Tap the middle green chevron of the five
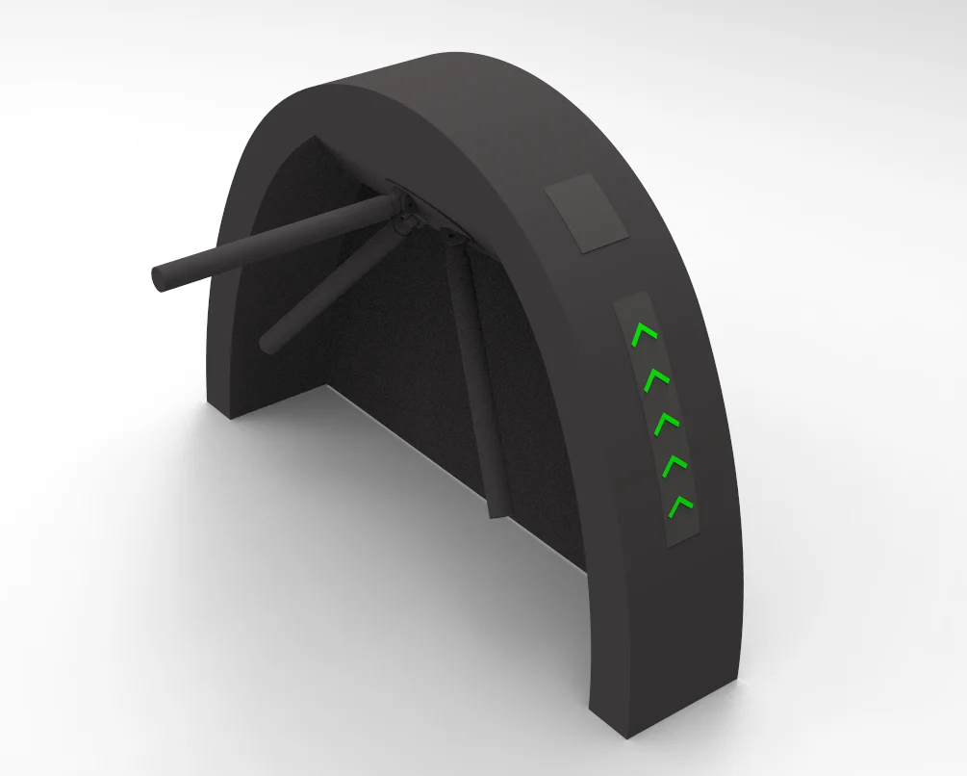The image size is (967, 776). tap(667, 422)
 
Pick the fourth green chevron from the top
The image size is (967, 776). tap(675, 464)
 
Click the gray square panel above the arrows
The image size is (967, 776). tap(586, 214)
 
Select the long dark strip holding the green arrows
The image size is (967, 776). tap(661, 419)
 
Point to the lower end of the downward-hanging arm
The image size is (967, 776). tap(497, 507)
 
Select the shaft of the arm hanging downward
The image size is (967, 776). tap(476, 375)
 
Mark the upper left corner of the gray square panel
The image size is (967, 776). tap(547, 190)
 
